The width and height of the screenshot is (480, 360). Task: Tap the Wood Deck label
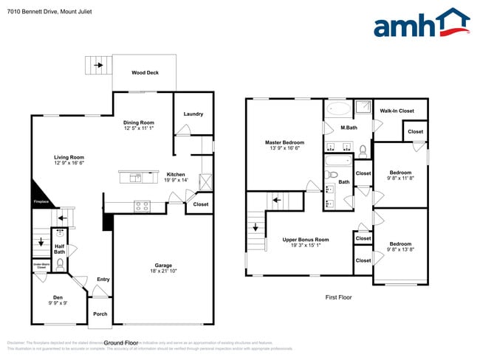click(x=145, y=72)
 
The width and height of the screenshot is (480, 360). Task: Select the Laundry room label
click(x=193, y=114)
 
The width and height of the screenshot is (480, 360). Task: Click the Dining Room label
click(x=138, y=122)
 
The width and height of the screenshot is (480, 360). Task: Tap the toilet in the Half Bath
click(x=60, y=261)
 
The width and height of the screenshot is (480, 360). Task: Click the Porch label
click(x=100, y=314)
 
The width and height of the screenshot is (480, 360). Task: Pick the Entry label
click(x=103, y=279)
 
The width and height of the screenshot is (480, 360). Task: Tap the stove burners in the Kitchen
click(x=141, y=205)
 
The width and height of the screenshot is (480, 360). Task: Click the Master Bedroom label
click(x=284, y=142)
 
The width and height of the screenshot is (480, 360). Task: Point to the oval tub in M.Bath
click(x=340, y=109)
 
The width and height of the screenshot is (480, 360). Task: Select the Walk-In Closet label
click(x=397, y=111)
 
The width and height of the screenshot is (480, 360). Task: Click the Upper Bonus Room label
click(x=305, y=240)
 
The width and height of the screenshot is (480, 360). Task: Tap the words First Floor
click(x=339, y=297)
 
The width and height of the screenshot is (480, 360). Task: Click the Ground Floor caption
click(x=121, y=342)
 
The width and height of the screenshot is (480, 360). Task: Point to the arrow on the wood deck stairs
click(x=99, y=65)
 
